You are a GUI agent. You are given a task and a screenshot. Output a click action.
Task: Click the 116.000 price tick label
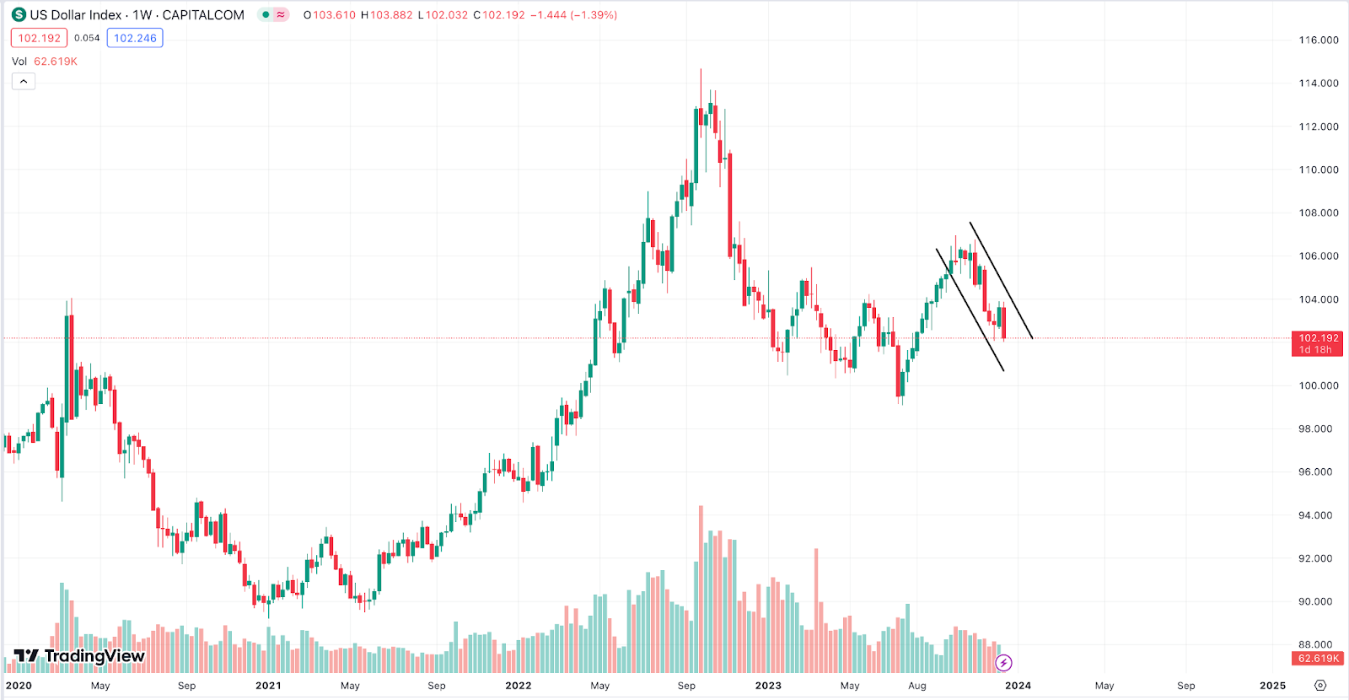coord(1318,40)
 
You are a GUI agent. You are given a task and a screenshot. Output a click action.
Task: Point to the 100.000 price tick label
coord(1318,385)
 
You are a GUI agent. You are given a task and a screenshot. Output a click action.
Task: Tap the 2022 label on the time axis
coord(518,686)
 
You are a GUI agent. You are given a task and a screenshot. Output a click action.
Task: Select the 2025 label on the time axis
coord(1272,686)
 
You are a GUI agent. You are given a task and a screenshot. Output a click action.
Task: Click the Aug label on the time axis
coord(917,686)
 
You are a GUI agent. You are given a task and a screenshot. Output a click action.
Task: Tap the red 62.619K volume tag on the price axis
coord(1318,659)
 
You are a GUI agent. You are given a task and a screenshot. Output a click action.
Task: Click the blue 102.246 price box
coord(135,38)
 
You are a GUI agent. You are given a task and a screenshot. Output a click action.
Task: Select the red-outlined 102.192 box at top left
coord(39,38)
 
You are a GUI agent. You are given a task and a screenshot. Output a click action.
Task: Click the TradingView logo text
coord(94,656)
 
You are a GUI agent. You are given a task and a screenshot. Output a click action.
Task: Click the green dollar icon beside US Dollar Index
coord(19,15)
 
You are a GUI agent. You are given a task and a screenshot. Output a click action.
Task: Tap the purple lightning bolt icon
coord(1003,663)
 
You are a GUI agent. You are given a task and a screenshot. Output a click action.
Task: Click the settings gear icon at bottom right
coord(1320,686)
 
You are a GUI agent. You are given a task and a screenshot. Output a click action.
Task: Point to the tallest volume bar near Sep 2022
coord(701,590)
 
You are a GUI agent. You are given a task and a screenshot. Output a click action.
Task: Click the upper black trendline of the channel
coord(1002,280)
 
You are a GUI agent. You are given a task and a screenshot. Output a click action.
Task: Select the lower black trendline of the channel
coord(970,310)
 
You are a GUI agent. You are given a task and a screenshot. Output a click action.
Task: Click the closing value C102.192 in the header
coord(500,15)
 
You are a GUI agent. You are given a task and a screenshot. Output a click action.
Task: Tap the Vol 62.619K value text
coord(55,62)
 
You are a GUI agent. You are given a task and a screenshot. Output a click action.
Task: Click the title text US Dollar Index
coord(76,15)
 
